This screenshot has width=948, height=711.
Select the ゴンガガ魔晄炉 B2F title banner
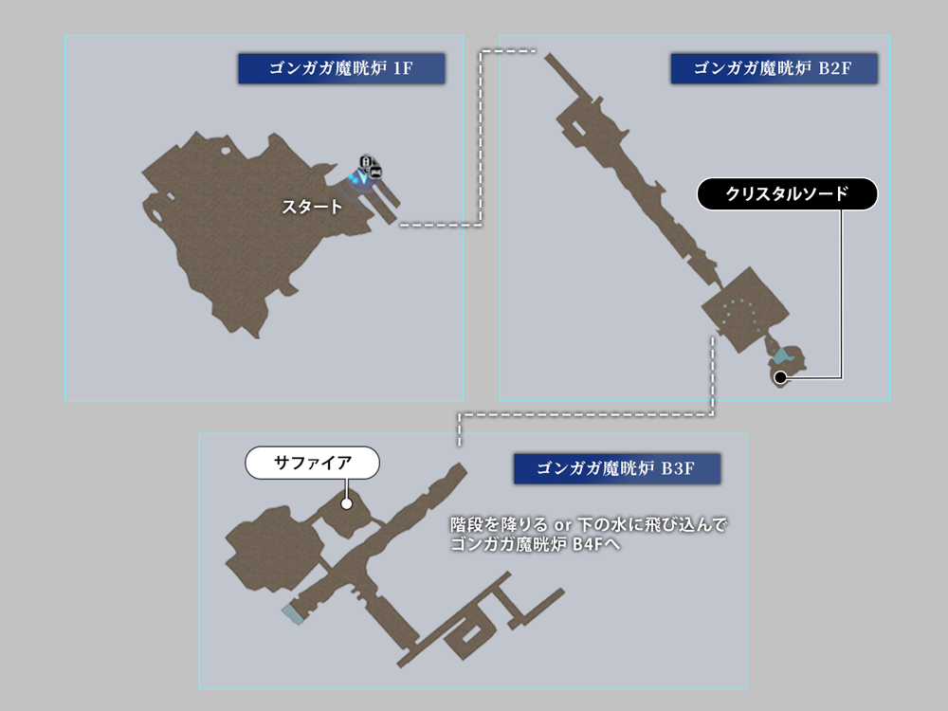pyautogui.click(x=774, y=68)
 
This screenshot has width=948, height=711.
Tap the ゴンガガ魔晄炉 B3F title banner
pyautogui.click(x=616, y=467)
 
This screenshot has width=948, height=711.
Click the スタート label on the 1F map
pyautogui.click(x=312, y=207)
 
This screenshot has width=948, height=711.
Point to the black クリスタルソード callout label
pyautogui.click(x=787, y=194)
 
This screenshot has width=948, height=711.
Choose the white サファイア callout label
pyautogui.click(x=312, y=464)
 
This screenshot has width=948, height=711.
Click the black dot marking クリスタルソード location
pyautogui.click(x=780, y=377)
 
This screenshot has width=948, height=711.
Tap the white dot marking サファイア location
pyautogui.click(x=346, y=503)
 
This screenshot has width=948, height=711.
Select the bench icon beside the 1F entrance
pyautogui.click(x=376, y=172)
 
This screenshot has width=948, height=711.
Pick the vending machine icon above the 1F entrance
pyautogui.click(x=366, y=160)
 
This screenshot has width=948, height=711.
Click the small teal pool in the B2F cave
pyautogui.click(x=782, y=356)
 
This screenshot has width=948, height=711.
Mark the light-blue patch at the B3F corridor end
pyautogui.click(x=293, y=615)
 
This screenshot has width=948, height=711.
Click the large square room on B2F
pyautogui.click(x=742, y=309)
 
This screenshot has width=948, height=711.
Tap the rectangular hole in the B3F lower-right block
pyautogui.click(x=475, y=629)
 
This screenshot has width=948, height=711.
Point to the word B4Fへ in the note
pyautogui.click(x=596, y=544)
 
